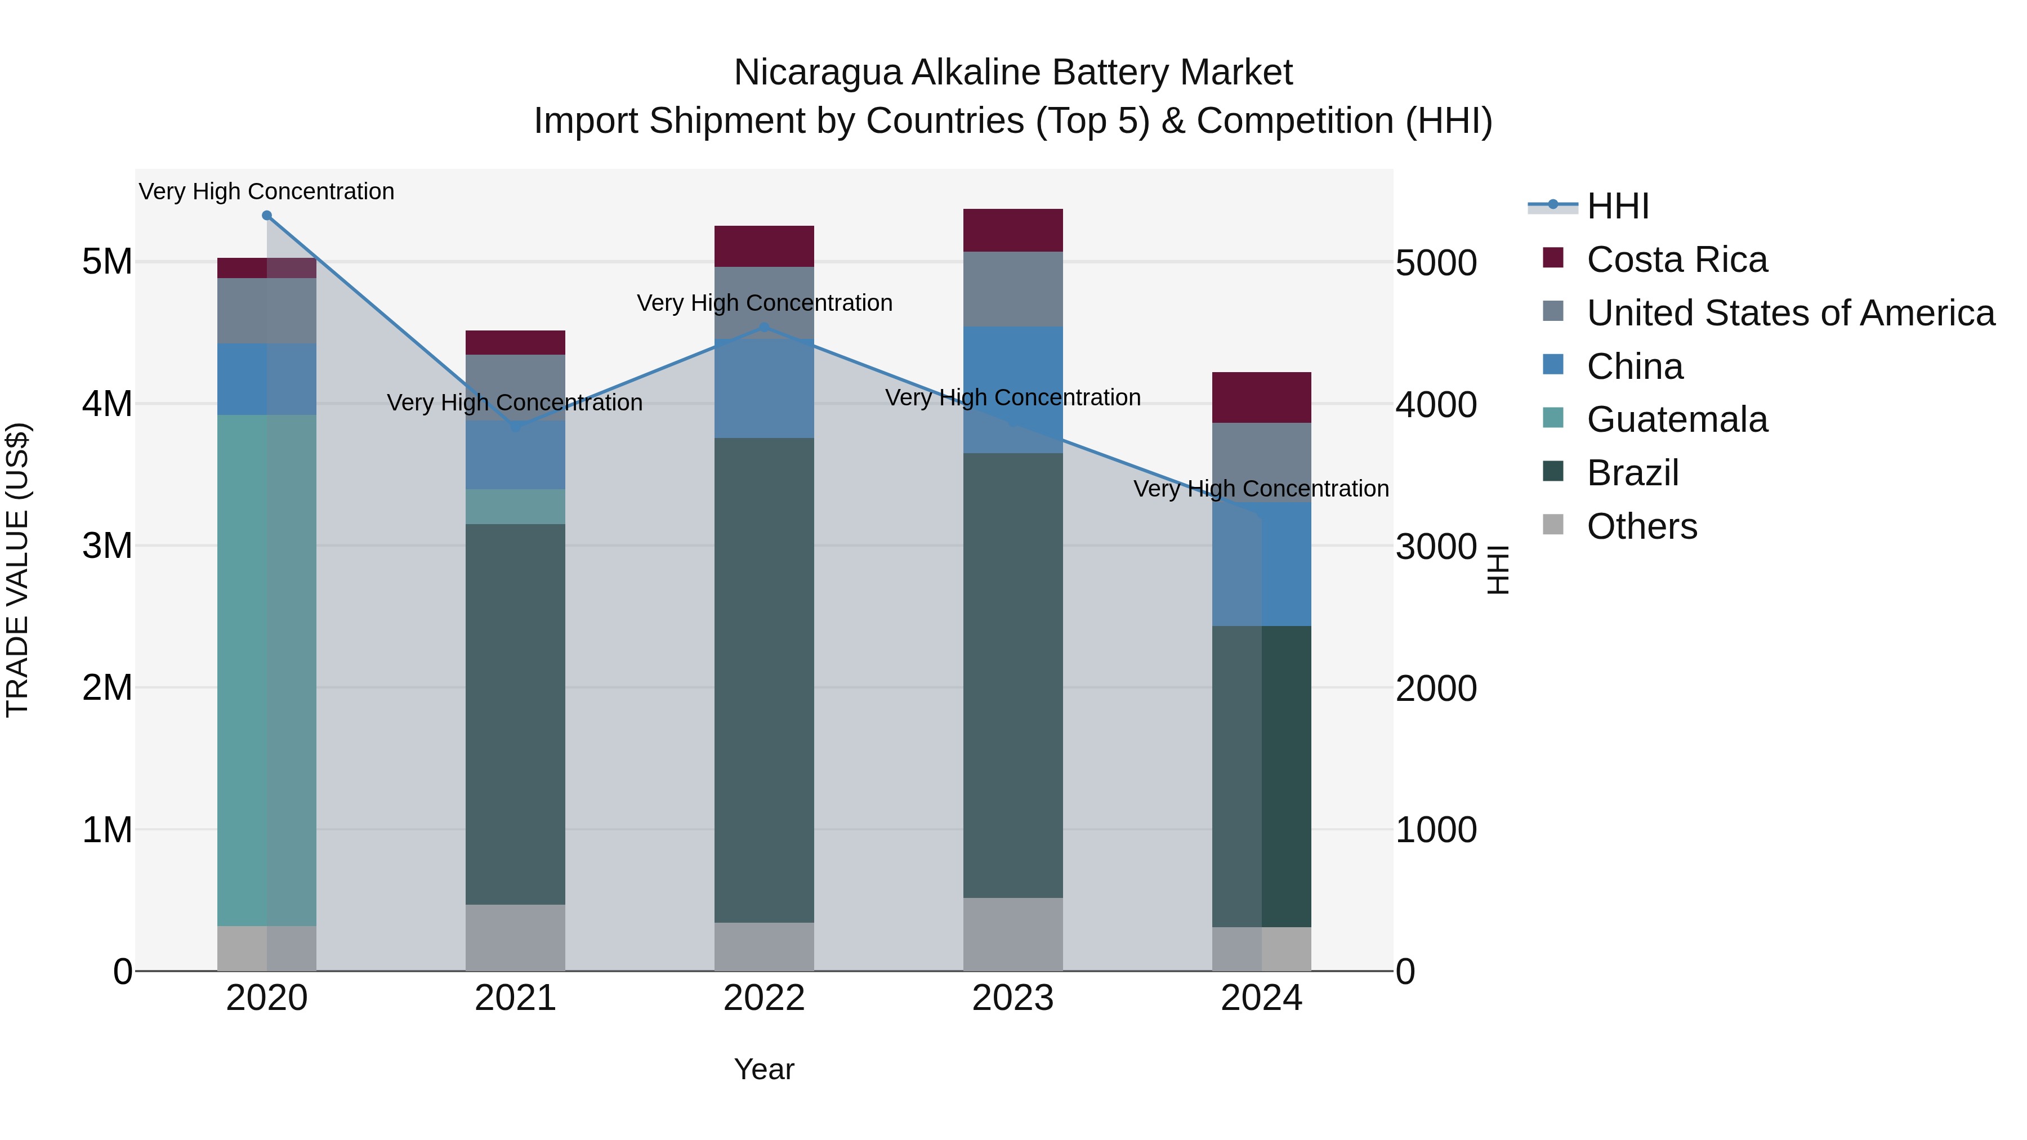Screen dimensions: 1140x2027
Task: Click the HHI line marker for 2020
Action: point(267,216)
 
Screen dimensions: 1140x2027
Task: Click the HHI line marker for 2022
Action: point(764,327)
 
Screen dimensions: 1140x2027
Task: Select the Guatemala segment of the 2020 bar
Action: point(267,669)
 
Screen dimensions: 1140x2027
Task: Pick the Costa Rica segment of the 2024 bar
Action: point(1261,397)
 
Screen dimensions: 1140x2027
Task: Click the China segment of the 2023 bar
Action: point(1013,390)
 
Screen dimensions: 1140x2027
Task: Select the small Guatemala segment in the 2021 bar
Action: point(515,507)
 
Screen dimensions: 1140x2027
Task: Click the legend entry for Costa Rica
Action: point(1676,260)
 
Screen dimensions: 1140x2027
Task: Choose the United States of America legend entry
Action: point(1790,313)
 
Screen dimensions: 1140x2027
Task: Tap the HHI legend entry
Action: point(1617,206)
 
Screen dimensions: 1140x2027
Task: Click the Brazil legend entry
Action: point(1633,473)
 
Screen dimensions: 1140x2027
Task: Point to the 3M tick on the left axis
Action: point(107,545)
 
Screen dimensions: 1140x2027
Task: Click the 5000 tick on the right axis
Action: point(1436,263)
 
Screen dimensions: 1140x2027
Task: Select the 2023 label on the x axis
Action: point(1013,998)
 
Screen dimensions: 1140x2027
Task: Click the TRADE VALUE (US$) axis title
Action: point(17,570)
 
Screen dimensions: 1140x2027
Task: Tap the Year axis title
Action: point(764,1069)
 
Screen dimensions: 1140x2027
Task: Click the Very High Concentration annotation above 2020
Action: point(267,191)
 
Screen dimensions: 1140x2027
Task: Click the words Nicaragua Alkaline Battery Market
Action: point(1013,73)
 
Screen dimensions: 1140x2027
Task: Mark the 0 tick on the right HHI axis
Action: point(1405,972)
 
